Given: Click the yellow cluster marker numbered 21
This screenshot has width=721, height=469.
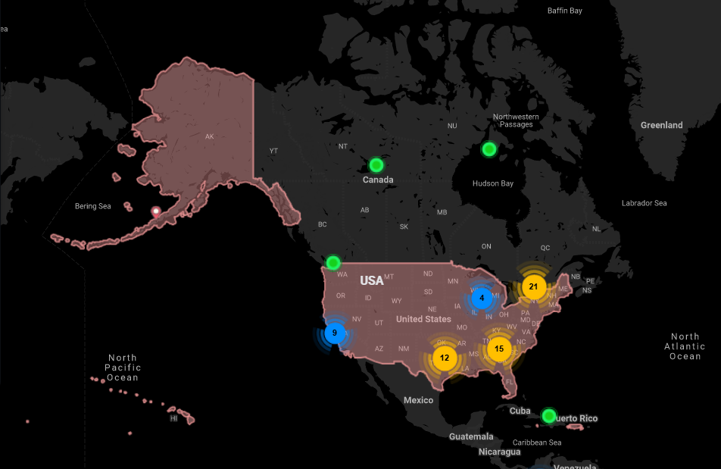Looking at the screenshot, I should point(533,286).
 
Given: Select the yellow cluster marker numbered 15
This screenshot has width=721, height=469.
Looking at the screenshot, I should point(498,349).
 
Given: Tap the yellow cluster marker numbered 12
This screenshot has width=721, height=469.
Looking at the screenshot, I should point(445,358).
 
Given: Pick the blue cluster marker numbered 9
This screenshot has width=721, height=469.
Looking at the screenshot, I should point(335,332).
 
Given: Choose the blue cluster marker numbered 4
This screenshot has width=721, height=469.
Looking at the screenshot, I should point(482,298).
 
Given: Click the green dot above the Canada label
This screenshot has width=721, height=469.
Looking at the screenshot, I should point(376,164).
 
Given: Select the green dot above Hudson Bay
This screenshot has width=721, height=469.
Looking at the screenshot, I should point(489,149).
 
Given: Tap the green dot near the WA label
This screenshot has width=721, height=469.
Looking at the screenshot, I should point(333,263).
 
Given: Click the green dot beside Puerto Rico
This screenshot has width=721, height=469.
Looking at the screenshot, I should point(549,415).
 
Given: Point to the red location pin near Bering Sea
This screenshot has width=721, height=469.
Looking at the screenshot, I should point(156,211).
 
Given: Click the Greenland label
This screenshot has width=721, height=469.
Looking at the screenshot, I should point(661,125).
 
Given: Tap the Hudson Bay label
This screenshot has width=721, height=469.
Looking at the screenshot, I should point(492,183).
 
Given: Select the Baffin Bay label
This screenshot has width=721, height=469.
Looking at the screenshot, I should point(565,11).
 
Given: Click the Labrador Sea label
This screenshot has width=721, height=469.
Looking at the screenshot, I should point(644,203).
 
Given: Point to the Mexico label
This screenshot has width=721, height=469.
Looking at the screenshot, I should point(418,399).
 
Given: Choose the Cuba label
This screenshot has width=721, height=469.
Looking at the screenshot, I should point(520,411).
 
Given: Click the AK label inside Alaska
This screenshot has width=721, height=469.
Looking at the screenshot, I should point(210,136).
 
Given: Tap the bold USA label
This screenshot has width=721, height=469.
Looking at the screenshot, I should point(372,280).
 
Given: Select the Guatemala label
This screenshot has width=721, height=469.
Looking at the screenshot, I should point(470,436).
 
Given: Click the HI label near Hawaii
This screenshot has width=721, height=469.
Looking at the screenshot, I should point(173,417).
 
